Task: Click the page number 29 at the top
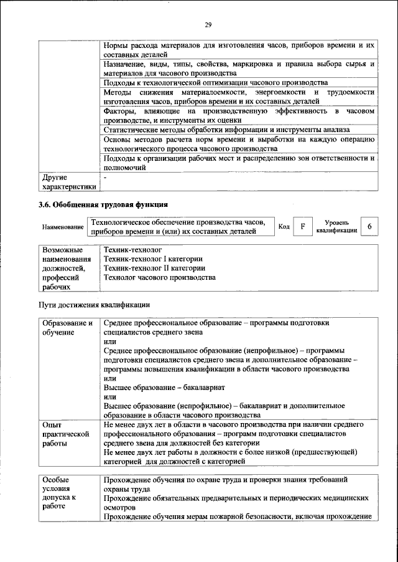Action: (208, 25)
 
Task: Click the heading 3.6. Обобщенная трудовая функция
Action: (104, 204)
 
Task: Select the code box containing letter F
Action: (302, 227)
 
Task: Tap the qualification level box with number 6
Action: (369, 227)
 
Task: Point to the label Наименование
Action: (63, 227)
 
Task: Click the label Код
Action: (284, 227)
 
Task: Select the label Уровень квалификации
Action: (336, 227)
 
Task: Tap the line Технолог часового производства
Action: (160, 277)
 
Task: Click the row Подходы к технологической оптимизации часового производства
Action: (216, 82)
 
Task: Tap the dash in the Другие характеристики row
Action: (106, 178)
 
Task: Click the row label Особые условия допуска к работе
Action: (61, 493)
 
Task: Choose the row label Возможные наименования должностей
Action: (65, 268)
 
